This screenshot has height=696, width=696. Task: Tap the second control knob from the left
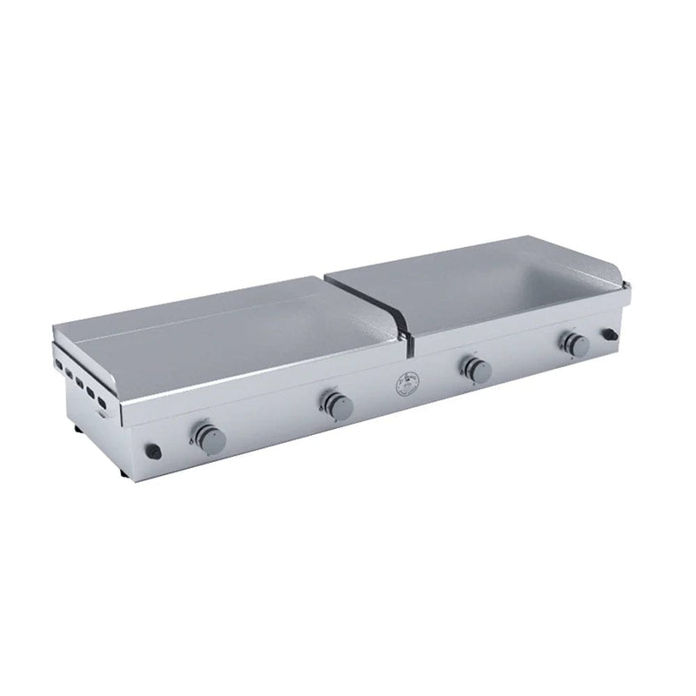335,403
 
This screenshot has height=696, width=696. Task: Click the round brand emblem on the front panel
406,384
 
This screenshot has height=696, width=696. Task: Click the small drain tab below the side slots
104,415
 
